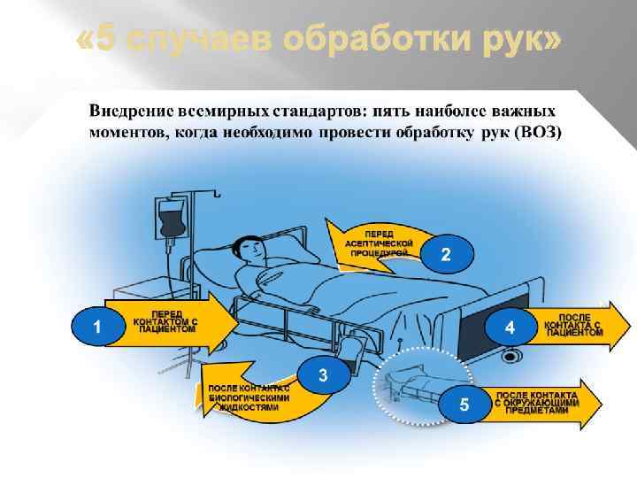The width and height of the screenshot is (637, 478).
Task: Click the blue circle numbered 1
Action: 96,327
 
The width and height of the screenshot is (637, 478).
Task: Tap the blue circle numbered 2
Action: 446,255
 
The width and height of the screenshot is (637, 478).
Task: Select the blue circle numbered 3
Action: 323,375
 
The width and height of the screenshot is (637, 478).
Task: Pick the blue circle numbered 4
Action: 510,328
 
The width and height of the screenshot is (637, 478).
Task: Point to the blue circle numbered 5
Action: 464,405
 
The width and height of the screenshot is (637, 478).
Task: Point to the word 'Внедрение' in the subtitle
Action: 128,112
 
